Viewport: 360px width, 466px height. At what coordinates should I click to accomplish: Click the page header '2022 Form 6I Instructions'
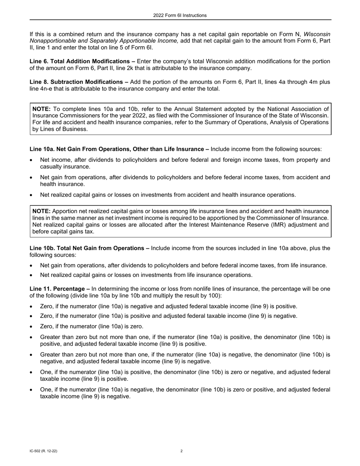point(180,16)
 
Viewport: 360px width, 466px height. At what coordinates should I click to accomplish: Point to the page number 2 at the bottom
point(182,451)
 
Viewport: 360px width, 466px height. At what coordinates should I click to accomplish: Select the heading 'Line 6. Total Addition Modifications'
point(82,61)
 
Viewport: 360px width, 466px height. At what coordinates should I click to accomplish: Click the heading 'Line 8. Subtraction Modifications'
point(79,82)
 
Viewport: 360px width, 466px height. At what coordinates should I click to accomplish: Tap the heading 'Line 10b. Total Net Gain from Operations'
point(89,249)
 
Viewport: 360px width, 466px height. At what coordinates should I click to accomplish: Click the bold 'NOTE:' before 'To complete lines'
point(41,109)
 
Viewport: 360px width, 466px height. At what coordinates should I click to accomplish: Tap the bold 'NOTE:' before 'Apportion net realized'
point(41,211)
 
